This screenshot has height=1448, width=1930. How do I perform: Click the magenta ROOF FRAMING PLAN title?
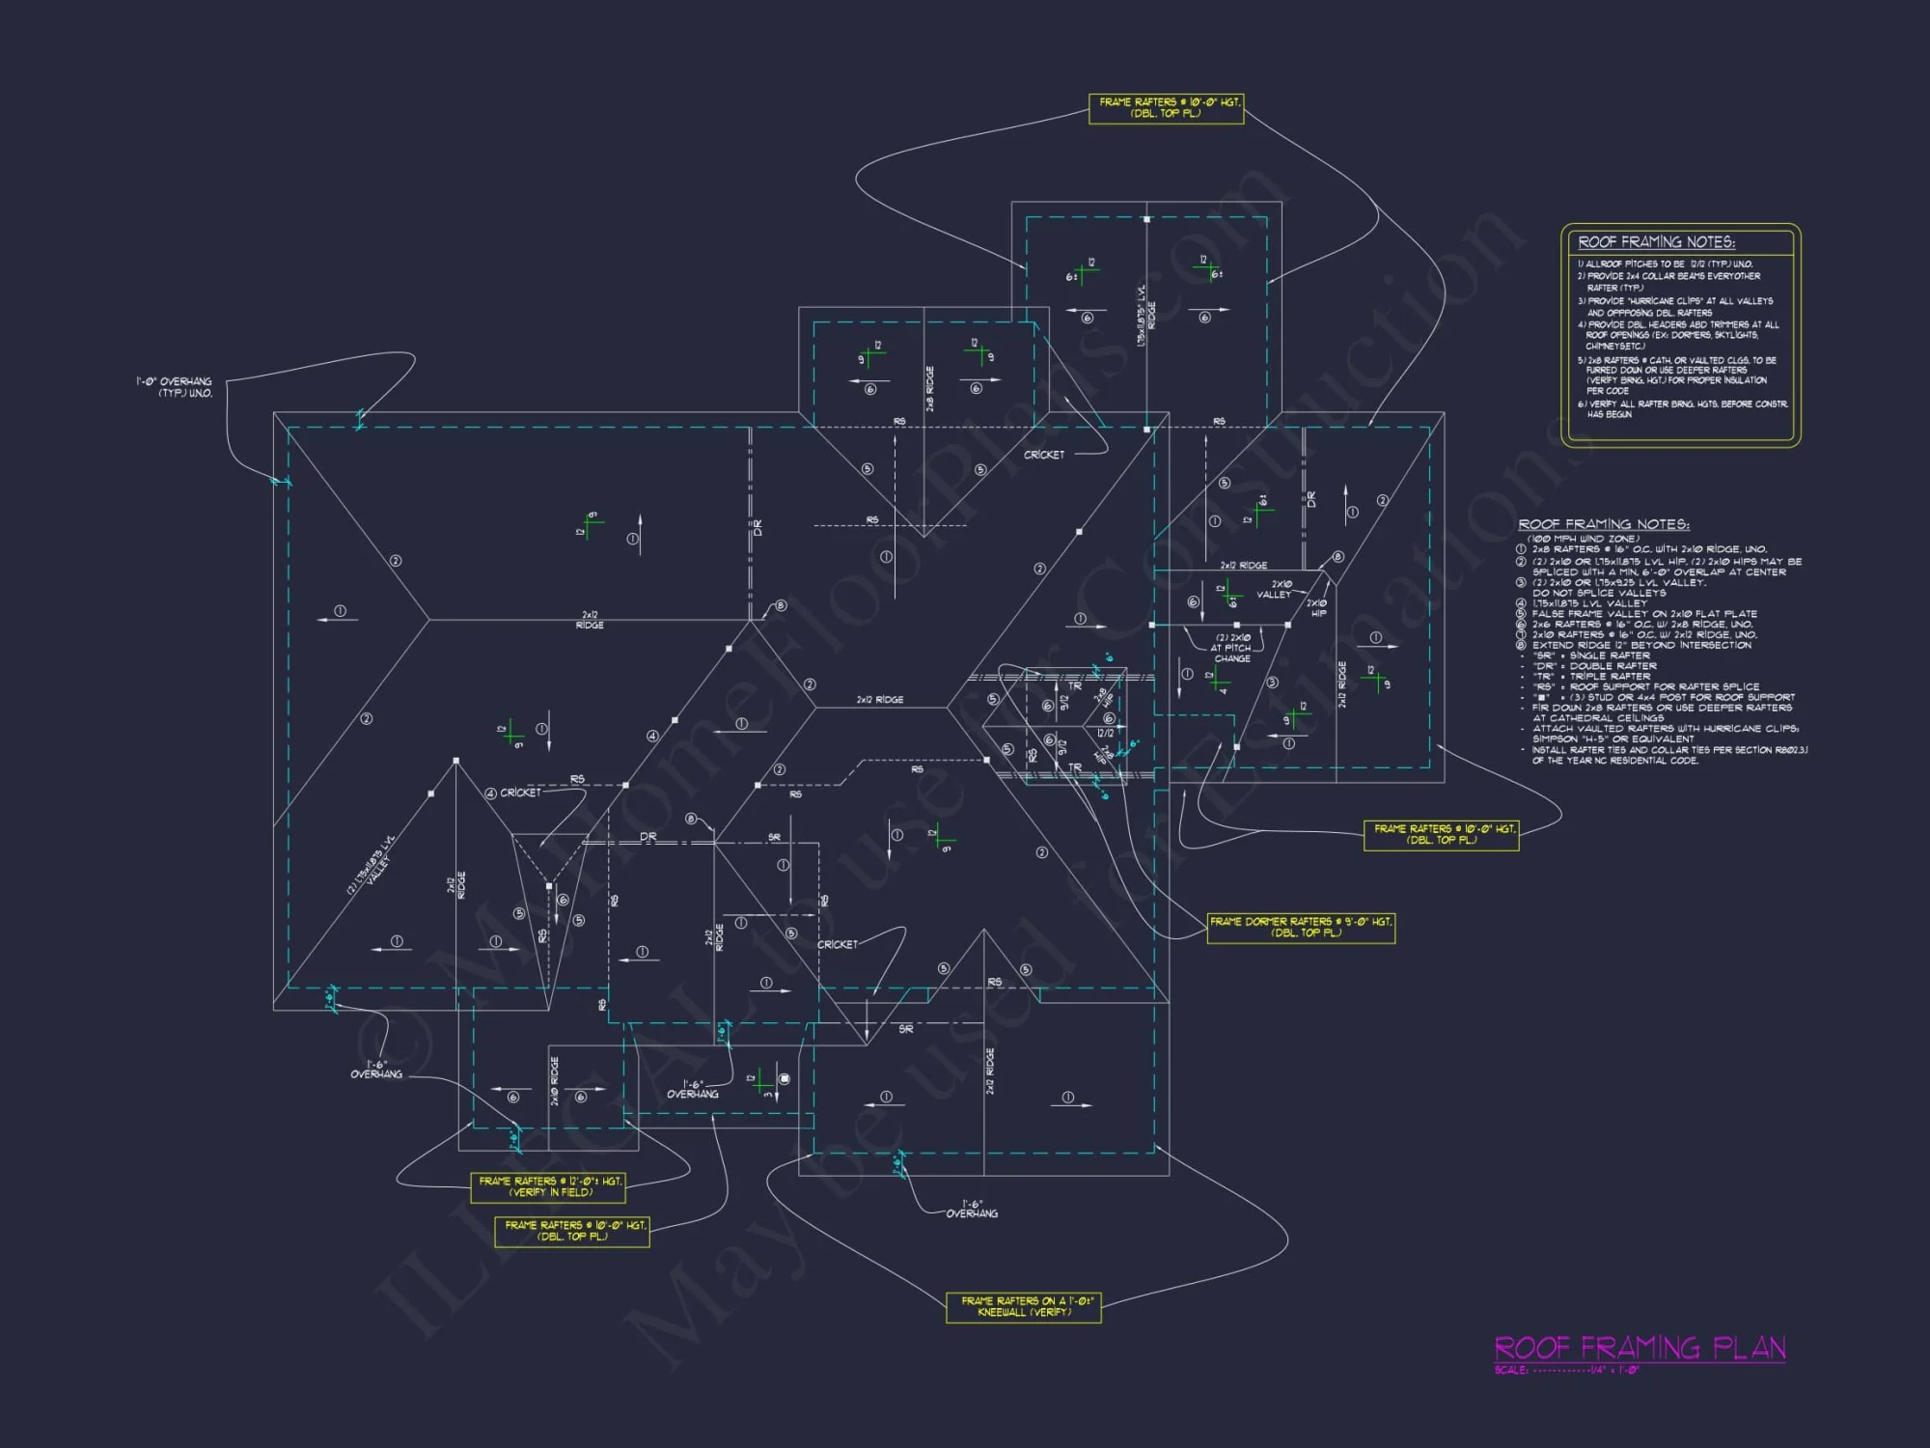click(x=1640, y=1348)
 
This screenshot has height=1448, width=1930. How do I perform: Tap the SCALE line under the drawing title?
click(x=1566, y=1370)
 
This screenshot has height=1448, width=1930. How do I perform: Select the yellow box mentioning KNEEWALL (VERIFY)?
click(x=1023, y=1307)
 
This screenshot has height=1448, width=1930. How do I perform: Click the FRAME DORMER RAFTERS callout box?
click(x=1301, y=928)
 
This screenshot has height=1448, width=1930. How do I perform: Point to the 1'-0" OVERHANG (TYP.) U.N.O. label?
click(x=175, y=387)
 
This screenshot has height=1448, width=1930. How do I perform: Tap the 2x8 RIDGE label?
click(x=930, y=389)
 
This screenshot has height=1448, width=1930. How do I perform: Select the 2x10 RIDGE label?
click(x=554, y=1081)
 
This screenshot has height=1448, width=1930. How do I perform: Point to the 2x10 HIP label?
click(x=1316, y=608)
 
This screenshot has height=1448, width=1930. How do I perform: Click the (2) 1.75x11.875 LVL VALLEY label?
click(x=370, y=865)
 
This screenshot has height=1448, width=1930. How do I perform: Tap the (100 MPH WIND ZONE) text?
click(x=1583, y=539)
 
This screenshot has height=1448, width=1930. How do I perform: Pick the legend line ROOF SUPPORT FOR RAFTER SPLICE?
click(x=1644, y=686)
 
